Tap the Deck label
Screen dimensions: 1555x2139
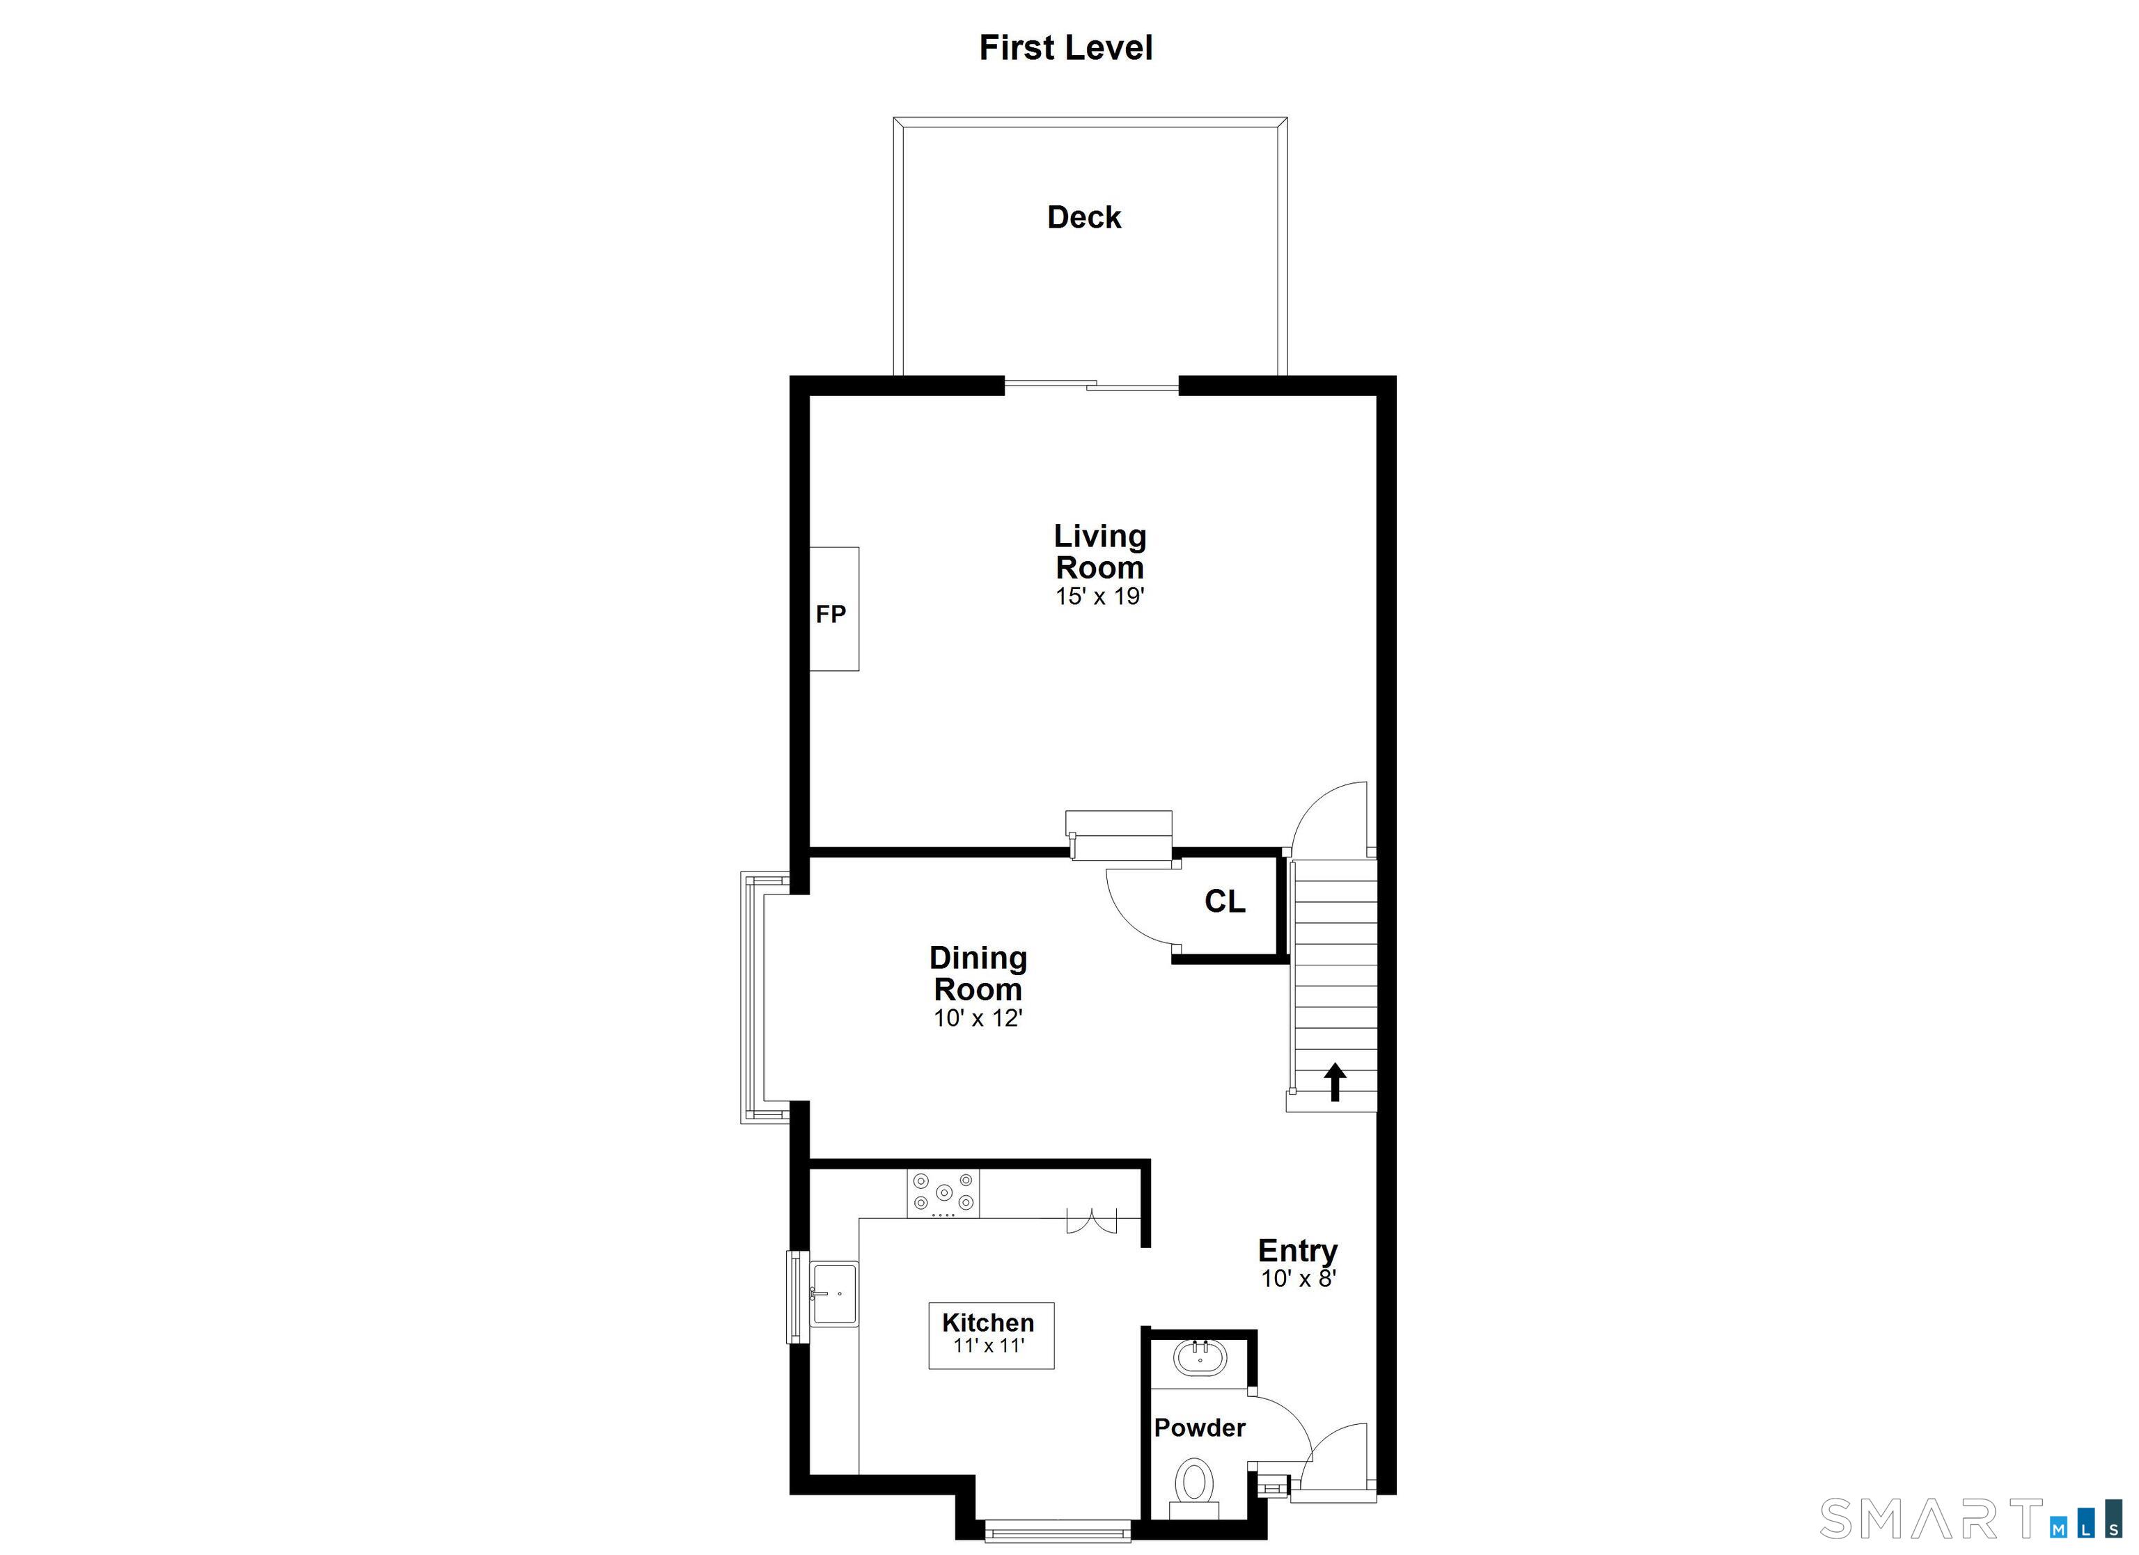coord(1083,218)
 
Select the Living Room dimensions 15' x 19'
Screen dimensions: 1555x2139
coord(1099,597)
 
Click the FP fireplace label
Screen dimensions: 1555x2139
coord(831,615)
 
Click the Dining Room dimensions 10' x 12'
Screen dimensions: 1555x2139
coord(978,1018)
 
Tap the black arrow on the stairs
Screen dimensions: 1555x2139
coord(1335,1082)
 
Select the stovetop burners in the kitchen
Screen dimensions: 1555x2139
coord(943,1193)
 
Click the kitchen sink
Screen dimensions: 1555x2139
coord(833,1294)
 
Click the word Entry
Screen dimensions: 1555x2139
coord(1298,1250)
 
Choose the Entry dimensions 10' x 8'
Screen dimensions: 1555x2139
coord(1299,1279)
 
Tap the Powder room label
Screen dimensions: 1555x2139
coord(1200,1428)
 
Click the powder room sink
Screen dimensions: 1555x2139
coord(1200,1359)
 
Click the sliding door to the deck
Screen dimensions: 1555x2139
coord(1091,385)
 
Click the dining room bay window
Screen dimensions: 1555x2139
coord(753,997)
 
